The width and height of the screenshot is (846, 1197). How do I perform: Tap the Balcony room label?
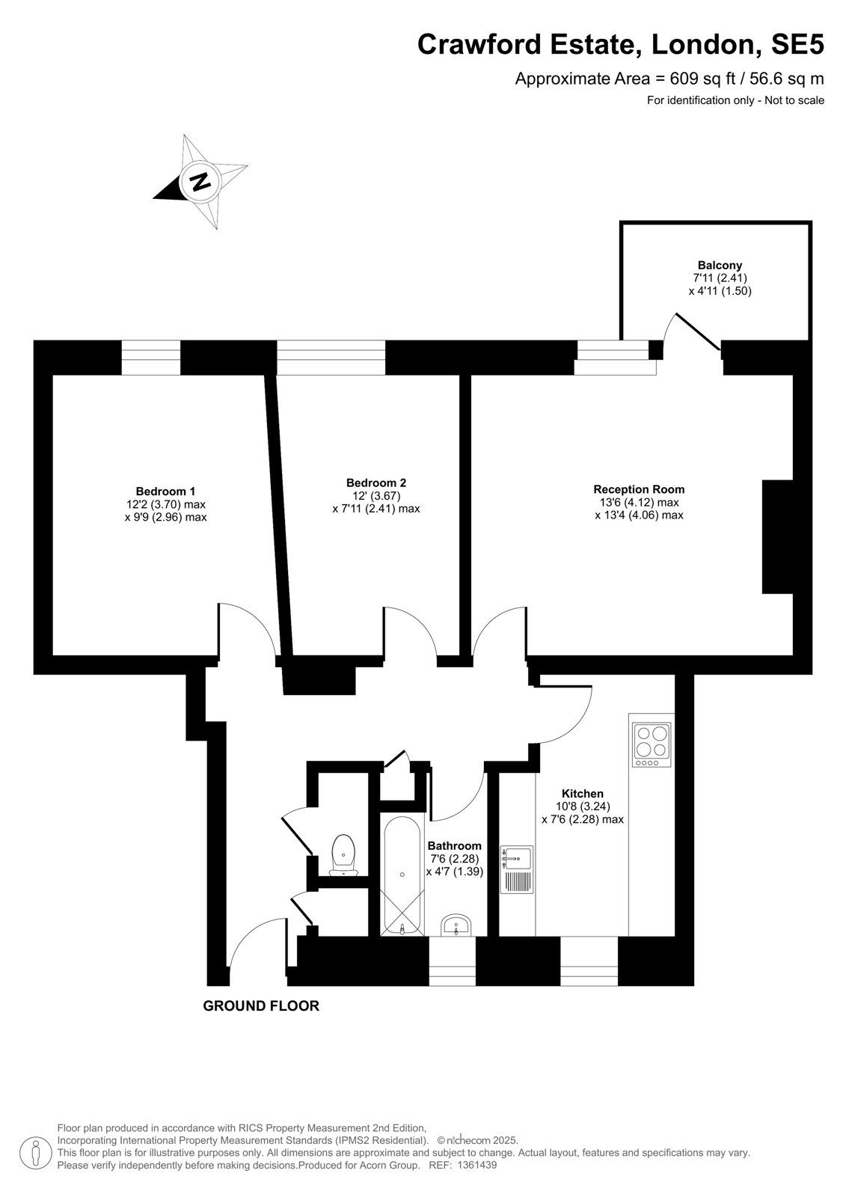pyautogui.click(x=720, y=265)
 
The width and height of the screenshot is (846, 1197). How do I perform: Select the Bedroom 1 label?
pyautogui.click(x=165, y=491)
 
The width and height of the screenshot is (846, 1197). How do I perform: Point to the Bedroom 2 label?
pyautogui.click(x=376, y=483)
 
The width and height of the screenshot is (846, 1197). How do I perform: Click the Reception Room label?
pyautogui.click(x=639, y=489)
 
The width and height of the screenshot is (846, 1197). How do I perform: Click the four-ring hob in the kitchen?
pyautogui.click(x=652, y=745)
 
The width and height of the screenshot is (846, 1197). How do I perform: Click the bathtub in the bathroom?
pyautogui.click(x=402, y=875)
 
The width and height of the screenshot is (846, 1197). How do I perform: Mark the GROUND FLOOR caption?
pyautogui.click(x=261, y=1005)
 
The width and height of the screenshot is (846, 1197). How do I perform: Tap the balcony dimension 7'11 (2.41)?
pyautogui.click(x=720, y=278)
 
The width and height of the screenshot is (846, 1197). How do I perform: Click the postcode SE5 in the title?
pyautogui.click(x=797, y=44)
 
